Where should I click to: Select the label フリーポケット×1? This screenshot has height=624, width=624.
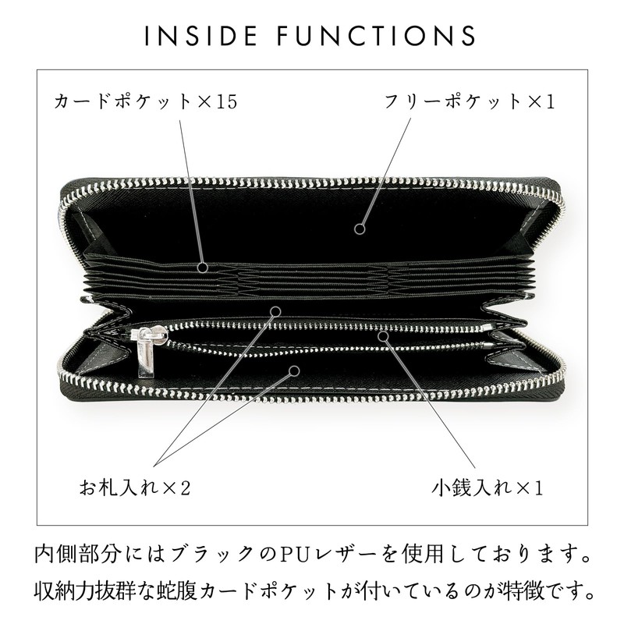[x=468, y=102]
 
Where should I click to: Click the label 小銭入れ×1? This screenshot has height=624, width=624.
[x=487, y=489]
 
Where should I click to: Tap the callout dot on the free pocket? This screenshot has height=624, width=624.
[x=360, y=229]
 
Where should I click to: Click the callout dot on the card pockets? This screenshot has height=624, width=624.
[x=203, y=268]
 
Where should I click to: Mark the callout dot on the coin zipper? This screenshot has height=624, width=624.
[x=383, y=335]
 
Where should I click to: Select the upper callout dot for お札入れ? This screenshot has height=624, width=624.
[x=275, y=311]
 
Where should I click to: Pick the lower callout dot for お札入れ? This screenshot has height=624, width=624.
[x=295, y=371]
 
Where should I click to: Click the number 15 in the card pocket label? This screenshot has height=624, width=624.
[x=225, y=102]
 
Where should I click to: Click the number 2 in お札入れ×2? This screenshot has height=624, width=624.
[x=185, y=489]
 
